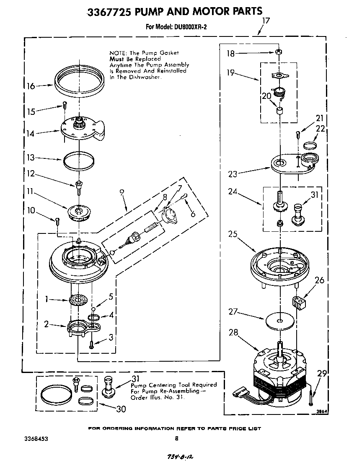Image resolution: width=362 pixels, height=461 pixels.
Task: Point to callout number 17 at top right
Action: [266, 20]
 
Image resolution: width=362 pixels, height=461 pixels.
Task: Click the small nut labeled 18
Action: [278, 52]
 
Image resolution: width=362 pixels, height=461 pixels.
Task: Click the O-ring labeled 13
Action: [79, 160]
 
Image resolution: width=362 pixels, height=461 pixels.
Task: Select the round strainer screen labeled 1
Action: [77, 300]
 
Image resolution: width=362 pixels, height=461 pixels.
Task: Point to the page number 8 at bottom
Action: [176, 439]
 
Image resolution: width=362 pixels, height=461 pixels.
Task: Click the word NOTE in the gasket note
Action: [119, 53]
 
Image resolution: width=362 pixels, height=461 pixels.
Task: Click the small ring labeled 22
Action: [309, 145]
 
